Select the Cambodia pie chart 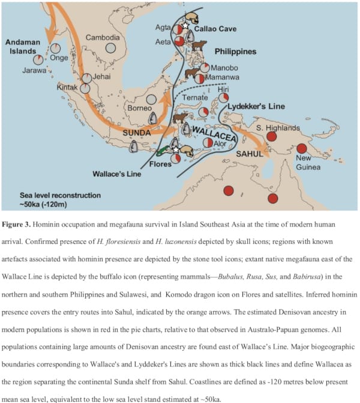pos(111,48)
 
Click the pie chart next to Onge pos(55,48)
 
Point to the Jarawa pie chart pos(38,60)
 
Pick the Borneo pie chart pos(152,100)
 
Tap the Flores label pos(160,163)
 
